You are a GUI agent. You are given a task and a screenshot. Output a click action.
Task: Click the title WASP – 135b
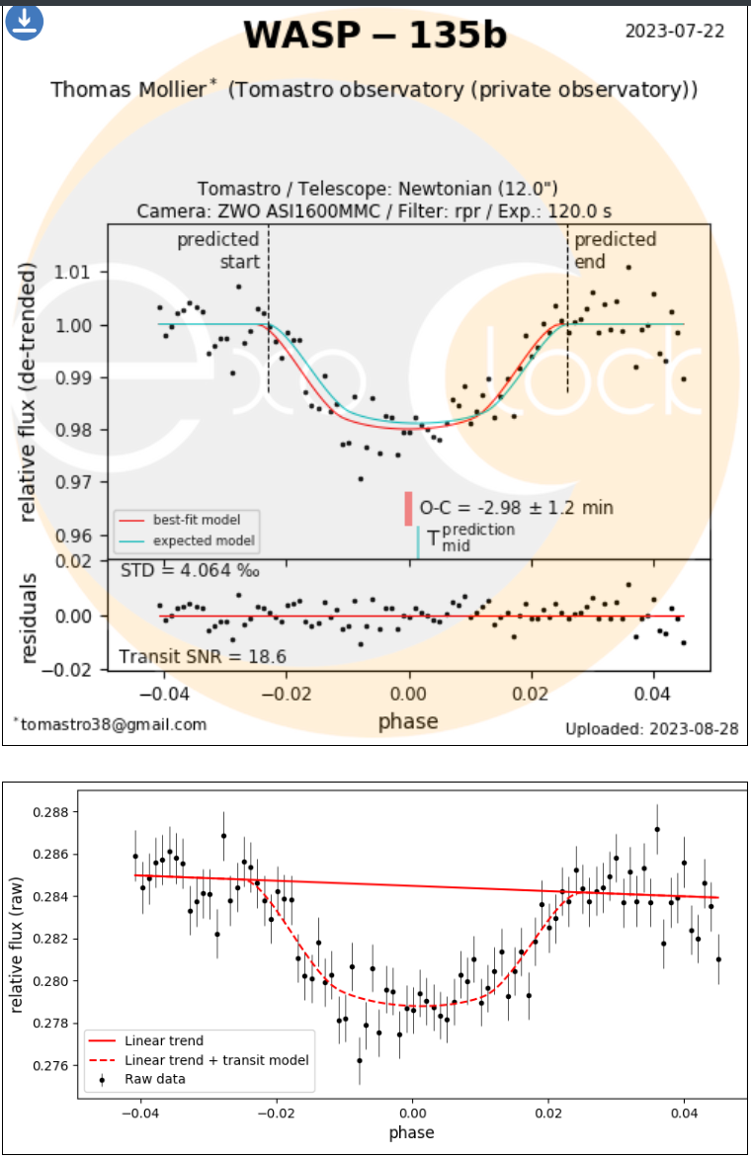375,36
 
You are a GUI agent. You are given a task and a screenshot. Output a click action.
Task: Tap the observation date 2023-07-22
675,31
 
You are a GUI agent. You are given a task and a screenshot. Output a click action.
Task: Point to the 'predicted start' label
218,250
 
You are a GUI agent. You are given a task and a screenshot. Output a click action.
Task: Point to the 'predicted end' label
615,250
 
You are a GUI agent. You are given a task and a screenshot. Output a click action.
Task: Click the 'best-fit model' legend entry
196,519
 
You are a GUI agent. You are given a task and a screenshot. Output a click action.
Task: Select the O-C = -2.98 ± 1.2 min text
516,508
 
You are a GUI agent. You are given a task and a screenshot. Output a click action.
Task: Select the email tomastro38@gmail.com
113,724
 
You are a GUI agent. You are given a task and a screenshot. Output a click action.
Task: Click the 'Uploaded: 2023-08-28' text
651,729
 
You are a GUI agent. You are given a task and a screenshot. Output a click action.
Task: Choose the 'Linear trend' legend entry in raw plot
164,1040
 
